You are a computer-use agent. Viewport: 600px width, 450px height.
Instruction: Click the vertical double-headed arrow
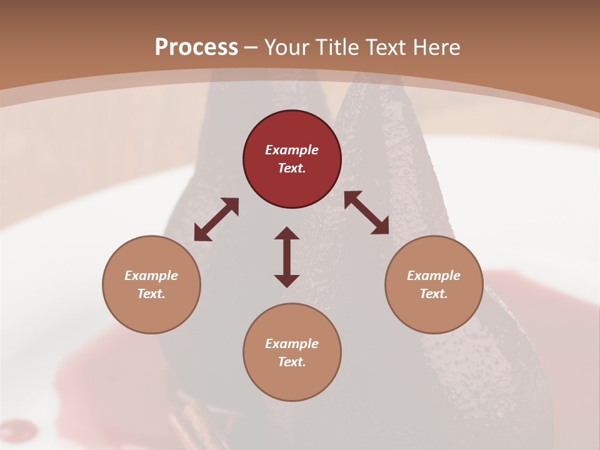pos(287,257)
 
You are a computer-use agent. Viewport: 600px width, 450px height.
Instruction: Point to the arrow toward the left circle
pos(216,219)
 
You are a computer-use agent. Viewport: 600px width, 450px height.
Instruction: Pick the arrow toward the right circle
pos(366,212)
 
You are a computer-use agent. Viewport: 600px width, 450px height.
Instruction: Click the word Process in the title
pos(196,47)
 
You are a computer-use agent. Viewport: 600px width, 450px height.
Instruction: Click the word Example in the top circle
pos(292,150)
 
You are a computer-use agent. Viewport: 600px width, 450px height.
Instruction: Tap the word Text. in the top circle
pos(292,168)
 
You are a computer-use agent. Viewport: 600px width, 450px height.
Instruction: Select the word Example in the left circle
pos(151,276)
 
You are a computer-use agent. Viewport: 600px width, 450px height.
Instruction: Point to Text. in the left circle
pos(151,294)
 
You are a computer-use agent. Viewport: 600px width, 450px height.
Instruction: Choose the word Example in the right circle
pos(434,276)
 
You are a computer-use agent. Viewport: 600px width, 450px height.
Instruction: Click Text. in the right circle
pos(434,294)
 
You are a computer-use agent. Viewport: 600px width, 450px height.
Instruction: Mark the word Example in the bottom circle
pos(292,344)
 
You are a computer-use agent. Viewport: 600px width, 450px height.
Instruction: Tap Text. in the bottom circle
pos(292,362)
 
